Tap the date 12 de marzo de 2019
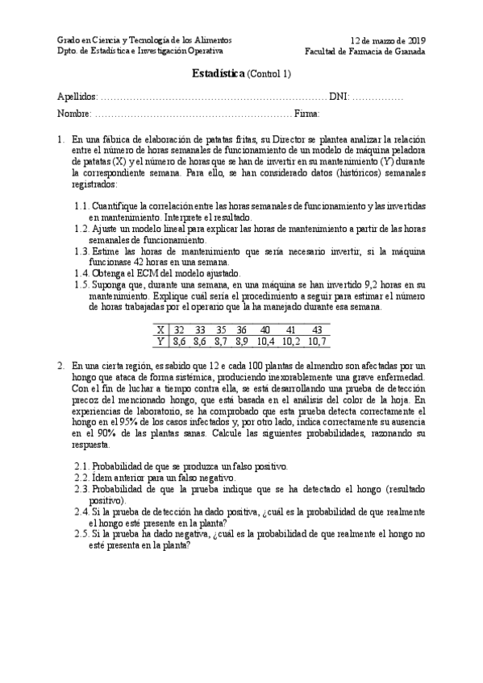389,39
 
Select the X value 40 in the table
265,329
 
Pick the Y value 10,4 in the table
265,341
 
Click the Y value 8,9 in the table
241,341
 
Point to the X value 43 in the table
317,329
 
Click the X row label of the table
161,329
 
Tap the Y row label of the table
161,341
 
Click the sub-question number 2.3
81,489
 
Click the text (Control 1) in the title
271,75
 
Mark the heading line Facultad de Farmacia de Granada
365,52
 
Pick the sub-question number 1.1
80,206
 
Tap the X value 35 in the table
221,329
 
